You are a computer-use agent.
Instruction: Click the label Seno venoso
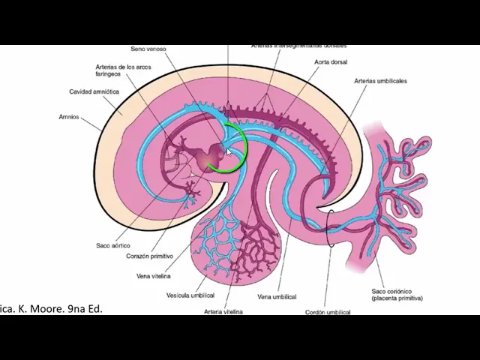[x=148, y=49]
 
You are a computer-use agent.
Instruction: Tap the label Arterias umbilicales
[x=380, y=81]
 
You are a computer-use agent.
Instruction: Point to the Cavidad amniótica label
[x=94, y=91]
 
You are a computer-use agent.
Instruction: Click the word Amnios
[x=69, y=117]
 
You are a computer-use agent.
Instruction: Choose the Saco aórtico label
[x=112, y=245]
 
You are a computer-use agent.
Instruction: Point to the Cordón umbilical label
[x=328, y=312]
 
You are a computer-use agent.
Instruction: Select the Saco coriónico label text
[x=397, y=294]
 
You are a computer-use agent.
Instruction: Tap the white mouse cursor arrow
[x=229, y=152]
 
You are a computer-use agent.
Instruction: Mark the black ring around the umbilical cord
[x=330, y=228]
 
